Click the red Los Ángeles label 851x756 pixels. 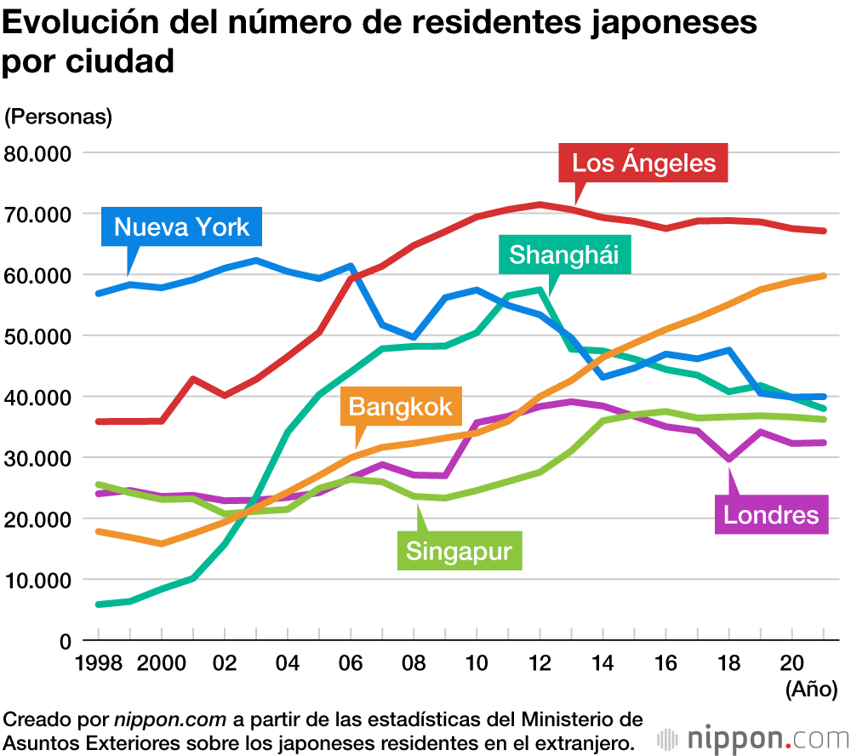click(643, 163)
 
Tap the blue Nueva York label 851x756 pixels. click(181, 226)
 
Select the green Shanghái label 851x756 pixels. click(563, 254)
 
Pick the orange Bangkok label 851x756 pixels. click(400, 406)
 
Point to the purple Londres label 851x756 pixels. click(770, 514)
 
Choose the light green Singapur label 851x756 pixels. click(459, 550)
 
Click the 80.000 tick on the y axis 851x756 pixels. click(41, 153)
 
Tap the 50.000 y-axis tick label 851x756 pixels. click(41, 336)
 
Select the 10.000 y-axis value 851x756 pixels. click(41, 580)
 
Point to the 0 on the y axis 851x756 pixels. click(65, 641)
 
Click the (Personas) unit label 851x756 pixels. click(59, 116)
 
